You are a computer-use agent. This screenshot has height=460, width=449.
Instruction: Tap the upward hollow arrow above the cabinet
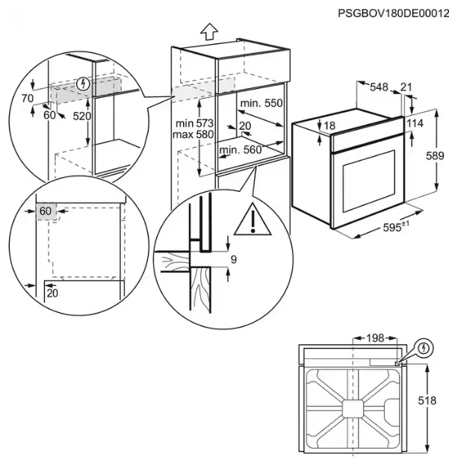[210, 32]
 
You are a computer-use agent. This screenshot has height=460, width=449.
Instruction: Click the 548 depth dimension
[380, 88]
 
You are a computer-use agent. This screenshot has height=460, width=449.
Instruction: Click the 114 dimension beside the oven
[415, 123]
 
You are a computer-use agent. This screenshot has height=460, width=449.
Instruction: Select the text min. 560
[240, 149]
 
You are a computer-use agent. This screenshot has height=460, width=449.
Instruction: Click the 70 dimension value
[27, 98]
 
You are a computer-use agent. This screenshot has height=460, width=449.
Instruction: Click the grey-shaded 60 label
[46, 211]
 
